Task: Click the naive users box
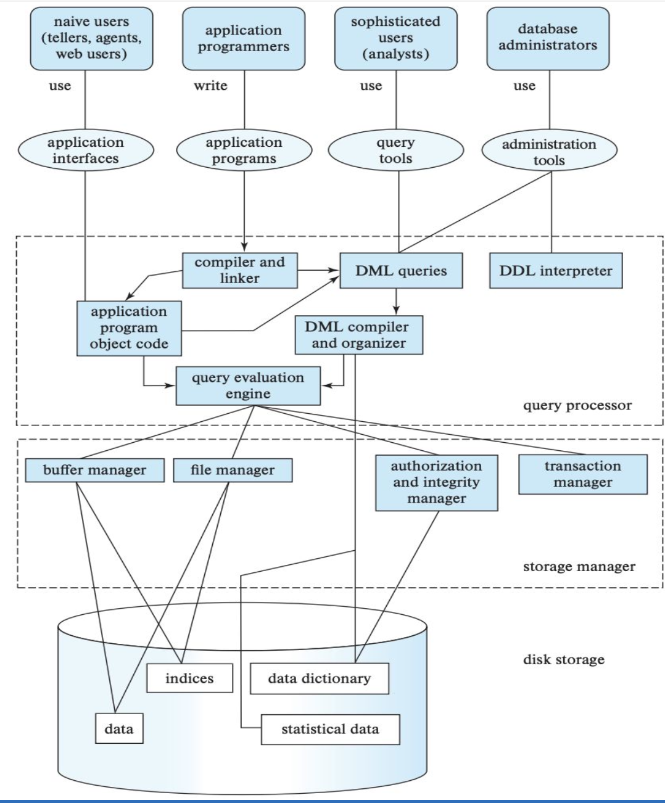[91, 38]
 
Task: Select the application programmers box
[244, 38]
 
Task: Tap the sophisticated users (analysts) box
[396, 38]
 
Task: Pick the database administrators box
[548, 38]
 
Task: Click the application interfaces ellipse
[86, 150]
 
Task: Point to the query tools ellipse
[396, 150]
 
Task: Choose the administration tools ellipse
[549, 150]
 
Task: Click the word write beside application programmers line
[210, 85]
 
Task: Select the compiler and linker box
[239, 270]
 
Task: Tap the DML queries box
[401, 270]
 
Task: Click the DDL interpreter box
[556, 270]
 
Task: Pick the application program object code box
[129, 328]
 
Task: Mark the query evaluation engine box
[248, 385]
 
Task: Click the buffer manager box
[94, 470]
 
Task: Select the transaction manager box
[583, 474]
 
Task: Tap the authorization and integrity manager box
[437, 483]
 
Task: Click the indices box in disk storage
[189, 678]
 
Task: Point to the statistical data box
[331, 730]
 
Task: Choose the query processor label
[577, 405]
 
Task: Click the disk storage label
[564, 659]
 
